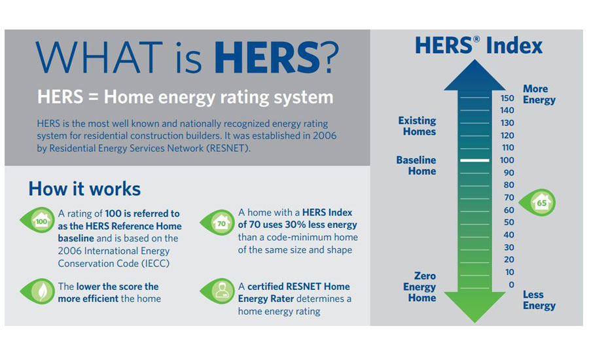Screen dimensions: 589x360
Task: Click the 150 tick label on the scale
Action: (507, 98)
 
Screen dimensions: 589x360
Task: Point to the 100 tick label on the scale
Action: (507, 160)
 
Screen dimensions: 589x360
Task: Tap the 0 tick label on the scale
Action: (511, 285)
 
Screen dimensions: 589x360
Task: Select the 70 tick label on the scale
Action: (509, 197)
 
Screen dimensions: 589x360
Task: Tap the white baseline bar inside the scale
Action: (475, 160)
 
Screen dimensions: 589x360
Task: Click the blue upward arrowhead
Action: (475, 75)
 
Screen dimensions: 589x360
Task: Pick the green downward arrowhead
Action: (475, 306)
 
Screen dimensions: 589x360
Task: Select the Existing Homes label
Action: (418, 126)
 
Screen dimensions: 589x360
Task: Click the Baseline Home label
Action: (416, 166)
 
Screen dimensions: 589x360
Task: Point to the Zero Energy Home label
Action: (419, 287)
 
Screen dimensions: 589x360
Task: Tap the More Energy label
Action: (539, 94)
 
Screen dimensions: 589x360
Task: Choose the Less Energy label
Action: (539, 300)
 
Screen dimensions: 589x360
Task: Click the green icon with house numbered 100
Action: (38, 221)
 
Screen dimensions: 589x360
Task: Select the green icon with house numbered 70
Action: (218, 223)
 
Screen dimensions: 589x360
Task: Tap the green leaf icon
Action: (38, 291)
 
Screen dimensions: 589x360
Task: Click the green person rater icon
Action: (218, 291)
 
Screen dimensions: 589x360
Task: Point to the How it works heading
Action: (84, 189)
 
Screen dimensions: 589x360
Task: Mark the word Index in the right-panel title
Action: (514, 46)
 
